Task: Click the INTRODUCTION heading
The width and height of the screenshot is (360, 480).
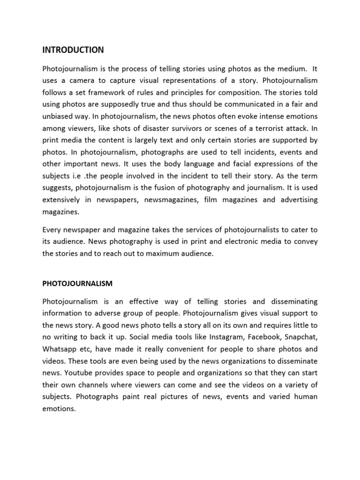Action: point(73,50)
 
